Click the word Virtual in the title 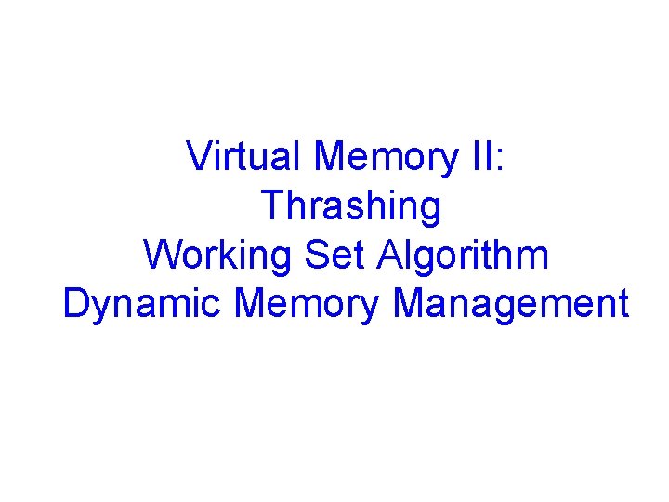coord(245,156)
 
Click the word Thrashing coord(351,205)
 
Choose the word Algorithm coord(463,255)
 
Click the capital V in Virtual coord(198,156)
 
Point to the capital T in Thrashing coord(272,205)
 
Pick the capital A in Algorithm coord(391,255)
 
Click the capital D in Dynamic coord(76,304)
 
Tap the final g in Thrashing coord(429,209)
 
